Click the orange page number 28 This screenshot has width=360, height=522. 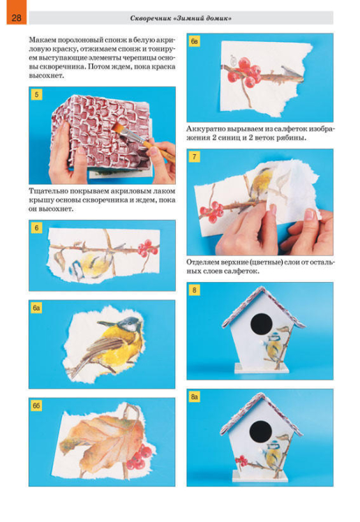click(x=16, y=17)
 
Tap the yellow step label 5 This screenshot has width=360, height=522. click(x=36, y=94)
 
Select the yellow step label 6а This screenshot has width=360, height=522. click(x=36, y=308)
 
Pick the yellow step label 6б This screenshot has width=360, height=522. click(x=36, y=406)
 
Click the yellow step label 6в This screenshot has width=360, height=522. click(x=195, y=41)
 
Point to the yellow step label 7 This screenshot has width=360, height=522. click(x=195, y=156)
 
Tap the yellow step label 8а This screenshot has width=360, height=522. click(x=195, y=397)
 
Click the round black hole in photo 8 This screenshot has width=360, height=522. click(x=261, y=325)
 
